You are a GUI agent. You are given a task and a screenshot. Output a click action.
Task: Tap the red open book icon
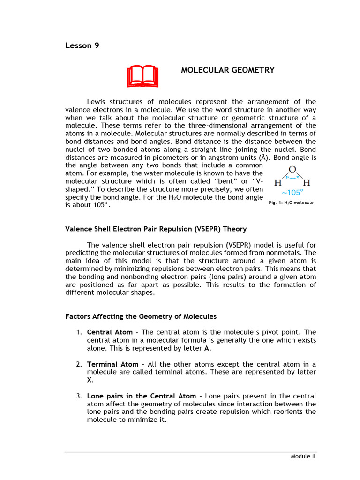coord(142,77)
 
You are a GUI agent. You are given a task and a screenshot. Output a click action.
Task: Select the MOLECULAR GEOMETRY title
coord(227,70)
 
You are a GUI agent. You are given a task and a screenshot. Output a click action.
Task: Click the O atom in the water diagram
coord(292,170)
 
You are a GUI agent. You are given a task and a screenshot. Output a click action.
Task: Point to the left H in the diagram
coord(277,182)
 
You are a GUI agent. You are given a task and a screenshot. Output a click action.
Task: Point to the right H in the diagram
coord(307,182)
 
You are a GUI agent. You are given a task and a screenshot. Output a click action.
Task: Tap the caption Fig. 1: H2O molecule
coord(291,202)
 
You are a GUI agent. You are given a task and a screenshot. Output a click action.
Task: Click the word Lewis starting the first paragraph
coord(97,102)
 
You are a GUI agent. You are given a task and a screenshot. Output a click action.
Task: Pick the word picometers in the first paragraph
coord(151,157)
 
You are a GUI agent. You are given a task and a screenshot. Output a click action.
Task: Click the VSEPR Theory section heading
coord(156,229)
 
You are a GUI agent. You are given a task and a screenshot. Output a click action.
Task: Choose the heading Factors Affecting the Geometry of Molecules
coord(141,316)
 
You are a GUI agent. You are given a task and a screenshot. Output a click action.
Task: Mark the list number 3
coord(79,396)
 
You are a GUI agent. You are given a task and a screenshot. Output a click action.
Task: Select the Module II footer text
coord(303,457)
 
